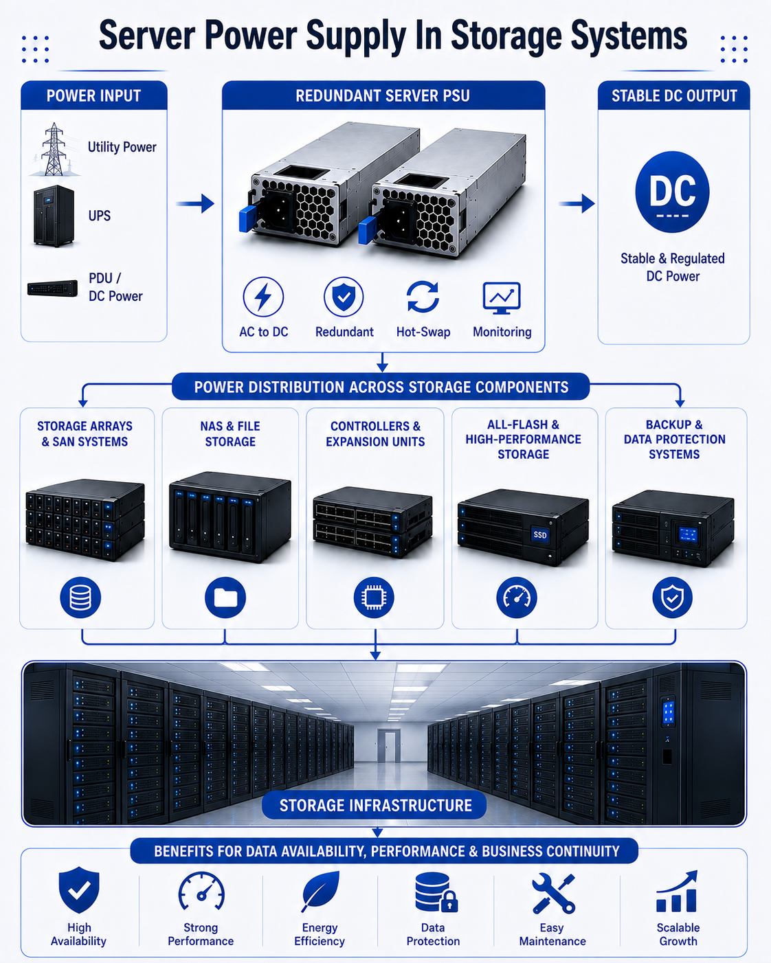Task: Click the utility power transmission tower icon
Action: [x=54, y=149]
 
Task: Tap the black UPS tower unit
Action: [x=54, y=216]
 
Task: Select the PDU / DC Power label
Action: [x=115, y=287]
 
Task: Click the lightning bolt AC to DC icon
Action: [x=263, y=297]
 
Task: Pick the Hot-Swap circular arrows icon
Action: [x=423, y=297]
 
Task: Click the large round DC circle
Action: [x=673, y=192]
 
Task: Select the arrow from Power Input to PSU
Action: [x=195, y=203]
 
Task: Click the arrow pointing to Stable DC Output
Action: [x=577, y=203]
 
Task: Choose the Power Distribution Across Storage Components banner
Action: [x=381, y=387]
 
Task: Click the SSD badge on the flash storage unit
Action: [x=540, y=535]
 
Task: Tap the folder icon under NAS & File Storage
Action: [x=225, y=598]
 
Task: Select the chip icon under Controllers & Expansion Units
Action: [x=374, y=598]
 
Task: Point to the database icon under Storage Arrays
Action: [x=80, y=598]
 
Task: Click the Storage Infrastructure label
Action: [x=375, y=806]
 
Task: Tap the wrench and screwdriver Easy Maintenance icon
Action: [x=553, y=893]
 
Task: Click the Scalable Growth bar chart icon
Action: [x=677, y=892]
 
